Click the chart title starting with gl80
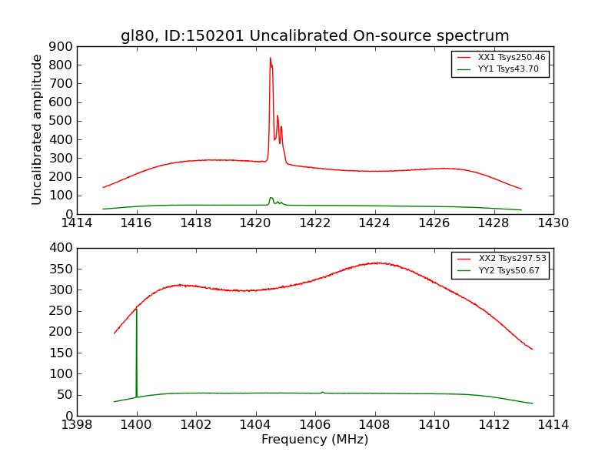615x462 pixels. pos(314,35)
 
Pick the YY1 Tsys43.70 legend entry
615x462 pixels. pos(508,69)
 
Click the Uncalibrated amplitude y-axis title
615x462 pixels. pos(37,129)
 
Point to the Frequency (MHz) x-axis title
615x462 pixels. pos(314,440)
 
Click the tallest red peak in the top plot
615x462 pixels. pos(270,59)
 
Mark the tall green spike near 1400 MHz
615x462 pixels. pos(136,310)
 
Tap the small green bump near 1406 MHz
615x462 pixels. pos(322,392)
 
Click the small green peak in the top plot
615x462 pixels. pos(271,198)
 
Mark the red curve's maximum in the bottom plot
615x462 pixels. pos(377,263)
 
